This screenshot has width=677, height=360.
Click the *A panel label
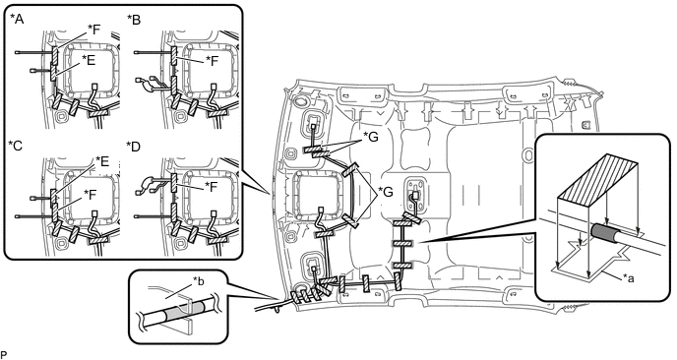tap(17, 20)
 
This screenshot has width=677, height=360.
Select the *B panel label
tap(134, 20)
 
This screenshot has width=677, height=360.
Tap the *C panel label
tap(16, 147)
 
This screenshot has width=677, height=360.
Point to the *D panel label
tap(134, 147)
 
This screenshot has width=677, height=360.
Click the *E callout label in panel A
tap(89, 61)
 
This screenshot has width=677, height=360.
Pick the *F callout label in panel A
tap(93, 30)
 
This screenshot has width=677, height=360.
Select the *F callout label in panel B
tap(213, 61)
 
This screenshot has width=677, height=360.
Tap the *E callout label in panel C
tap(102, 161)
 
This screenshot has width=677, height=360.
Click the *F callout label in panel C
tap(91, 195)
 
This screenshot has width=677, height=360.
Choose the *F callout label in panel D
tap(212, 187)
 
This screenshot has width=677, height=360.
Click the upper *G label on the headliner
tap(370, 138)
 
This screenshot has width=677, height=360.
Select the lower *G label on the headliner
tap(386, 192)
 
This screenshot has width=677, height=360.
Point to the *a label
tap(628, 278)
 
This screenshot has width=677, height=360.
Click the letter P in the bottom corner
tap(4, 355)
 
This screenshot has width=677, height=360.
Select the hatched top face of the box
tap(598, 174)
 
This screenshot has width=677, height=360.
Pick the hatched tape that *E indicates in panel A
tap(53, 71)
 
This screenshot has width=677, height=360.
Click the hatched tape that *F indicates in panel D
tap(173, 183)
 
